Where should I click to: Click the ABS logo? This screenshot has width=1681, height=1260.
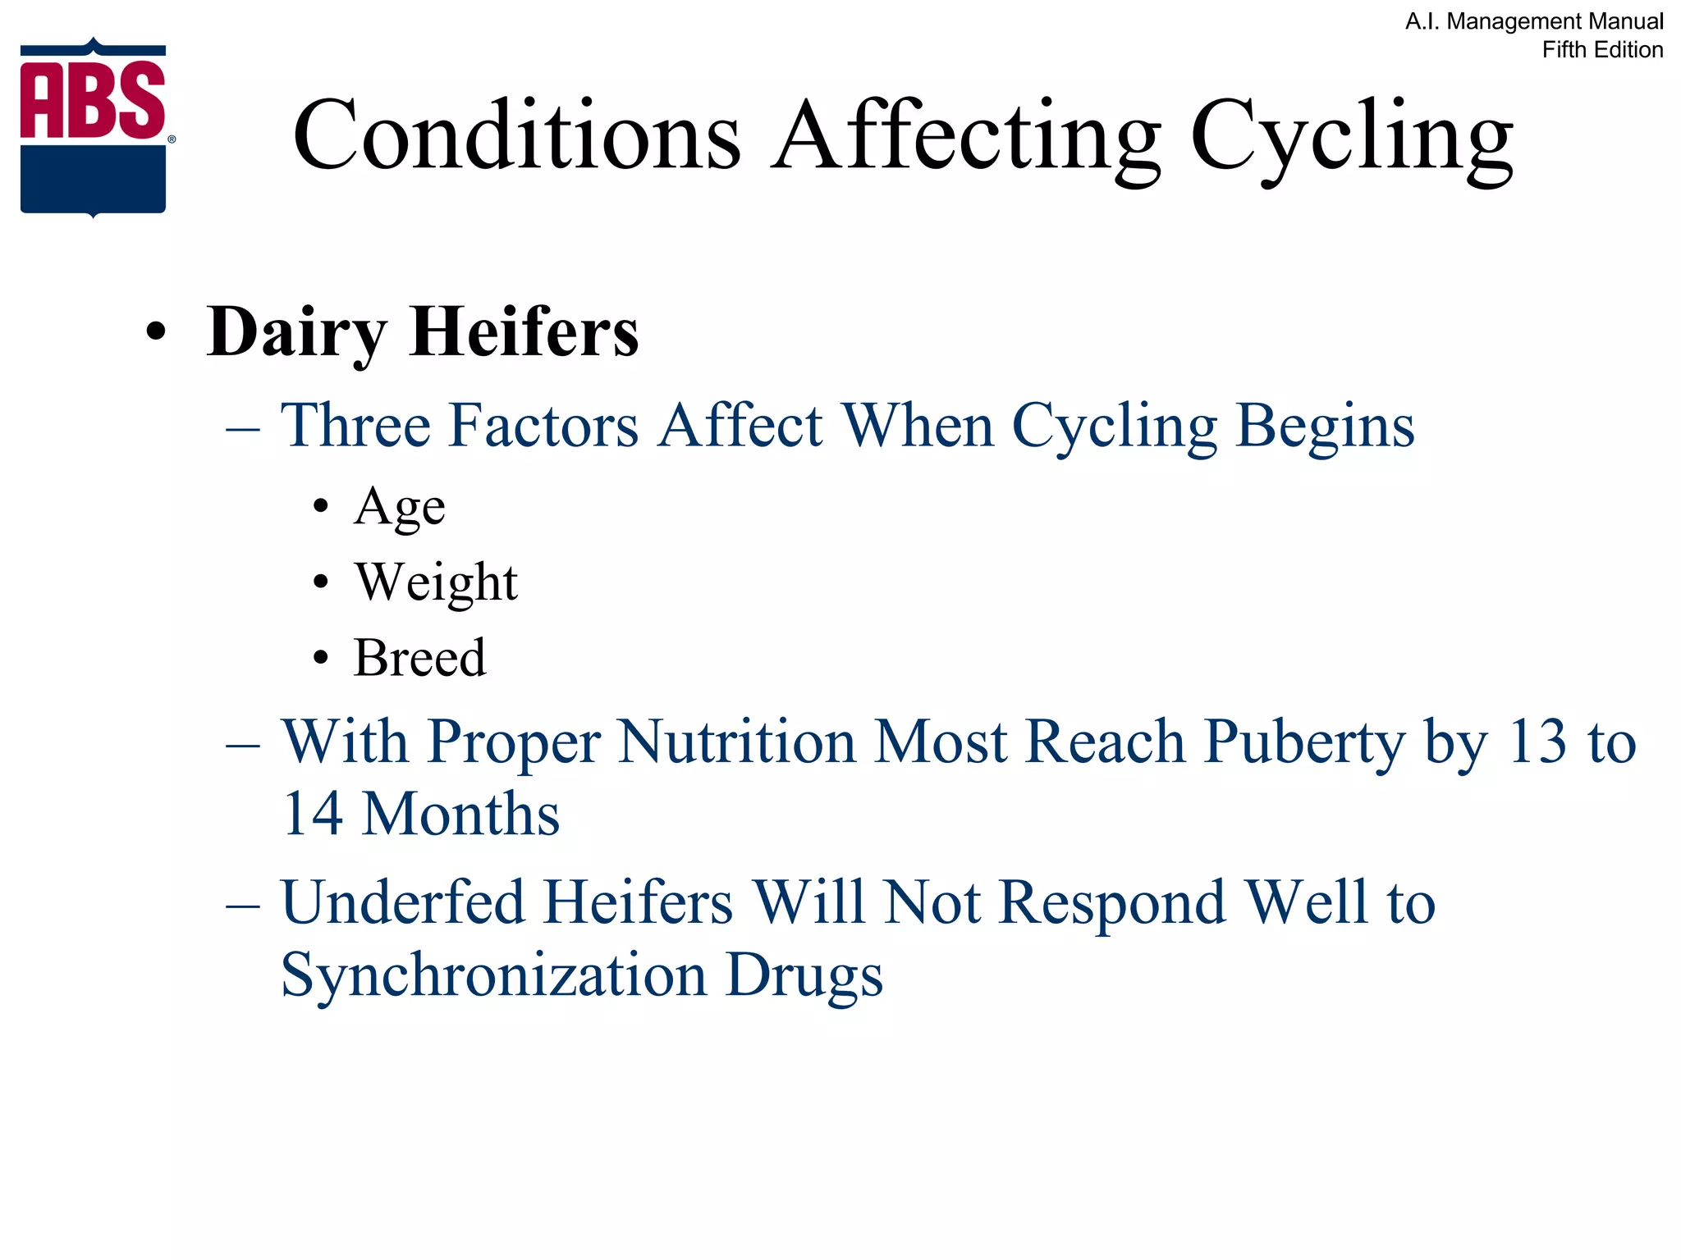point(94,127)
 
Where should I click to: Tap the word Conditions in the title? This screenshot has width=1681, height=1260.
point(517,135)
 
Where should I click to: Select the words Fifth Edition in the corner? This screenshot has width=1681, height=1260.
point(1602,50)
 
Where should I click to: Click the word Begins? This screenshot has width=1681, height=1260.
point(1325,427)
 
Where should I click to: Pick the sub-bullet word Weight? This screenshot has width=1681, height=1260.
point(436,583)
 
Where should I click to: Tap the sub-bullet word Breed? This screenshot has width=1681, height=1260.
point(419,658)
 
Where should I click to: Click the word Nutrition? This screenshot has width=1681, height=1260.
point(737,742)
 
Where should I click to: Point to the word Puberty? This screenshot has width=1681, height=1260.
point(1305,743)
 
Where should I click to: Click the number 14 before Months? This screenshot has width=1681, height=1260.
point(312,814)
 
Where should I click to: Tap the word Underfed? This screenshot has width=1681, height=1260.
point(402,902)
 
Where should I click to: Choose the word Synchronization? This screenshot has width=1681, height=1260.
point(493,976)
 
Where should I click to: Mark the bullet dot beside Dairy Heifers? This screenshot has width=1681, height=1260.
point(155,333)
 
